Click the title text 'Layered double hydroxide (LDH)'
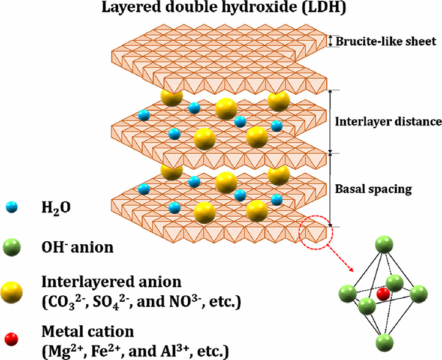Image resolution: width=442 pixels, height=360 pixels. [224, 8]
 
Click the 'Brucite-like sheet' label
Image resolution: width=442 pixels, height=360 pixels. [386, 41]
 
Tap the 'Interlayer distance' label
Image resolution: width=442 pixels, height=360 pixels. [388, 122]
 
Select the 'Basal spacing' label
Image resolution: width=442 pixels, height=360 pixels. [373, 189]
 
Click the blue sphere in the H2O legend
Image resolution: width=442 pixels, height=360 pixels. [12, 208]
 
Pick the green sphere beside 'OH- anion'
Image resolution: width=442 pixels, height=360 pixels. [11, 247]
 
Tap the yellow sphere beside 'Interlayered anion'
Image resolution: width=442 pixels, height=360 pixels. [11, 293]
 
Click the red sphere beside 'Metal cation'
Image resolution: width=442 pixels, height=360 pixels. [11, 339]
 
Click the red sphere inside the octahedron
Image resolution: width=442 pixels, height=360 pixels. [383, 294]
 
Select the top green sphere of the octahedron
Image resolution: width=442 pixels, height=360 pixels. [384, 245]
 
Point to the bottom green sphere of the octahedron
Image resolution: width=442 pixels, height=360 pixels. [384, 342]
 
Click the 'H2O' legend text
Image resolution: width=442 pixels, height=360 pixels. [56, 208]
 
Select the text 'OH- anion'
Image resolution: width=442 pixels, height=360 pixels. [77, 247]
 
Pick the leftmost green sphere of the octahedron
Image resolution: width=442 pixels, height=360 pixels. [347, 293]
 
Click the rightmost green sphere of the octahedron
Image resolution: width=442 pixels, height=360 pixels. [419, 294]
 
